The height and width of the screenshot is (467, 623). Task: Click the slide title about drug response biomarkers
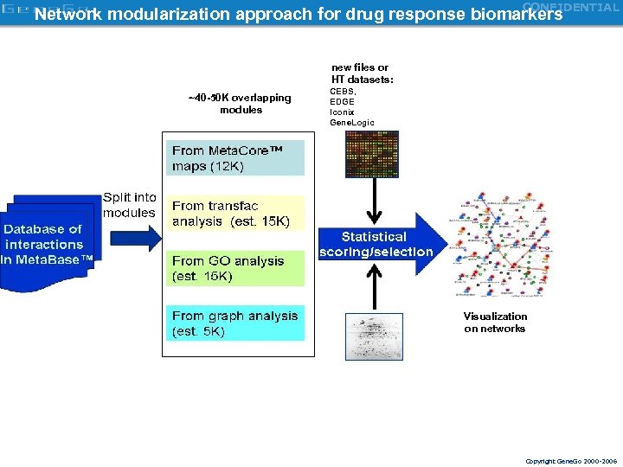click(x=298, y=15)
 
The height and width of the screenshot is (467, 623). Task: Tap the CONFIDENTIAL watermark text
click(x=570, y=7)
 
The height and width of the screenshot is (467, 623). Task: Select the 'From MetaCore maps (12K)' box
click(x=235, y=158)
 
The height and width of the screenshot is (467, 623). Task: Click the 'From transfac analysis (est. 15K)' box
click(x=235, y=214)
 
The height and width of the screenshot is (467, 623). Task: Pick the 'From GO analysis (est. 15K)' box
click(x=235, y=268)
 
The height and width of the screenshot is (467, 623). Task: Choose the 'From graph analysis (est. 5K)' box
click(x=235, y=323)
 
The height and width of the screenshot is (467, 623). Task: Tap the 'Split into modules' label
click(x=129, y=205)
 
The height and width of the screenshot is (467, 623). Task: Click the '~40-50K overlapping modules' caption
click(x=240, y=104)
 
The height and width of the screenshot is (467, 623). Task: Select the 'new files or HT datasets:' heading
click(x=362, y=74)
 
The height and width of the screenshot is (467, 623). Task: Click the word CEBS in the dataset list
click(x=343, y=91)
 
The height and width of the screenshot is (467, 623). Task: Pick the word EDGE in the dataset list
click(x=342, y=101)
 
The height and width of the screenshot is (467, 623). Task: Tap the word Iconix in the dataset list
click(x=342, y=112)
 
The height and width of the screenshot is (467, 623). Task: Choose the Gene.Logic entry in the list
click(x=352, y=123)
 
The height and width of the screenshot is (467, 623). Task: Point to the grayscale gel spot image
click(x=373, y=336)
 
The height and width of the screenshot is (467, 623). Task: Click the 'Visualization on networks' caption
click(x=495, y=323)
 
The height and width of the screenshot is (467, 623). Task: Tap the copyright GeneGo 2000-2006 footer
click(x=571, y=462)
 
